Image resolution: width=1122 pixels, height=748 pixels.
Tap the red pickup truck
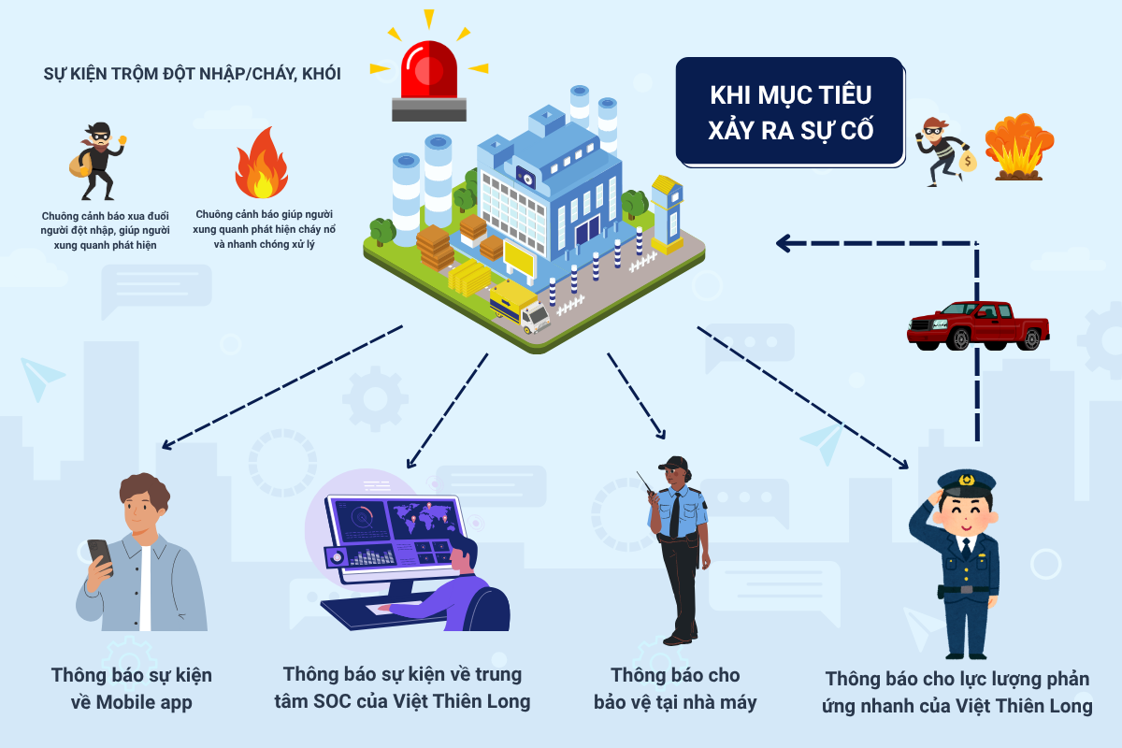pyautogui.click(x=977, y=325)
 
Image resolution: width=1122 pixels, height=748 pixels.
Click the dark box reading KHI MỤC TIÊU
pyautogui.click(x=790, y=112)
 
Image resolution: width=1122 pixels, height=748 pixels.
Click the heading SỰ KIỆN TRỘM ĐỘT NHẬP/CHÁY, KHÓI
pyautogui.click(x=193, y=74)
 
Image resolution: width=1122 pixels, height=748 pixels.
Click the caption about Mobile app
pyautogui.click(x=132, y=688)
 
